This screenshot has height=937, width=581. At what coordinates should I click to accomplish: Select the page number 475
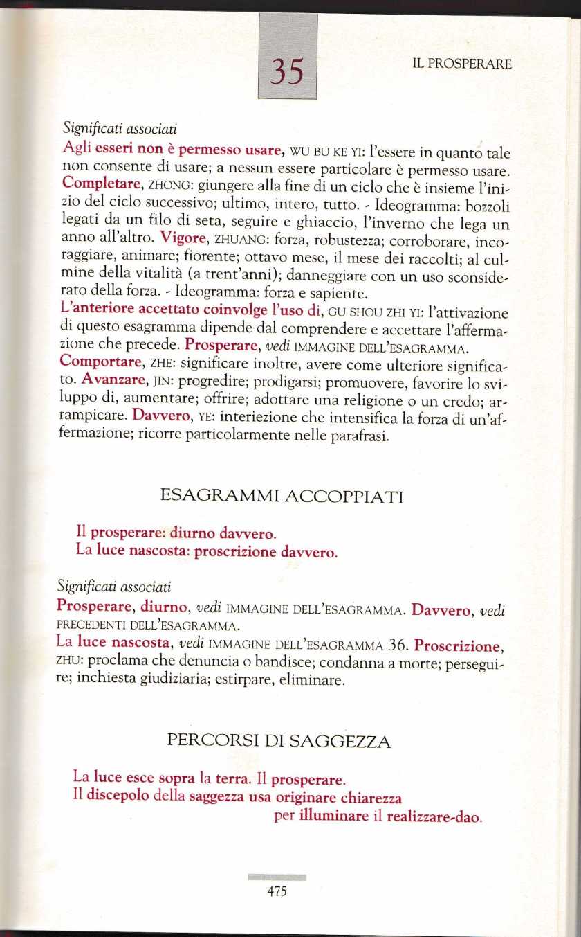[x=276, y=892]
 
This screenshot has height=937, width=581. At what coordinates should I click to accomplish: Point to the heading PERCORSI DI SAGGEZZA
[x=279, y=742]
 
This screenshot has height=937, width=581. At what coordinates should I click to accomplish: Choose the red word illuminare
[x=334, y=816]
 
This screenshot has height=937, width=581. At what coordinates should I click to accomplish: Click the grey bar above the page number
[x=276, y=877]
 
